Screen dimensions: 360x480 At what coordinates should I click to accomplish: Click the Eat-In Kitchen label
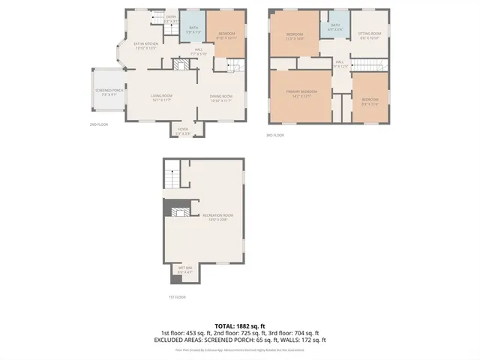pos(145,46)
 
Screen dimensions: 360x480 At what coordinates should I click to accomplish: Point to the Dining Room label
pos(220,97)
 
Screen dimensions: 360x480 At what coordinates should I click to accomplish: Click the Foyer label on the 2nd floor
pos(183,130)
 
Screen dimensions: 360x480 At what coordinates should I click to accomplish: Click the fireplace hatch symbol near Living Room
pos(178,66)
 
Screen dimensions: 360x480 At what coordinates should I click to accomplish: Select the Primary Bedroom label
pos(301,92)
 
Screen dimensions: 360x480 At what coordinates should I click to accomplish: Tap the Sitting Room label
pos(369,35)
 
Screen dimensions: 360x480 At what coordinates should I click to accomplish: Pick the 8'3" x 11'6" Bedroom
pos(370,100)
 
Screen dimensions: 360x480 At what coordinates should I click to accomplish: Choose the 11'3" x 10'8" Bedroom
pos(295,37)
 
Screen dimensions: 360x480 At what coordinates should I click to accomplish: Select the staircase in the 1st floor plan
pos(173,178)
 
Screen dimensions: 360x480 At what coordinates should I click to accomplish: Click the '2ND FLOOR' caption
pos(99,124)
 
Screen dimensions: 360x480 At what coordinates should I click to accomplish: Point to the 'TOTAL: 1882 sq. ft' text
pos(239,326)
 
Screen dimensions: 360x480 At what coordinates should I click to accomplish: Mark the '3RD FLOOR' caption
pos(276,135)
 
